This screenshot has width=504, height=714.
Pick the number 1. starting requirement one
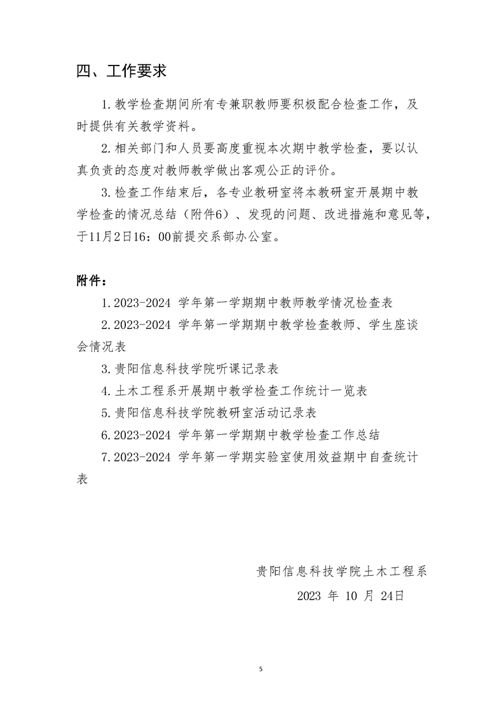coord(106,104)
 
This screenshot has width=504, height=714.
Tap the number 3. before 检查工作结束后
coord(106,193)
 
